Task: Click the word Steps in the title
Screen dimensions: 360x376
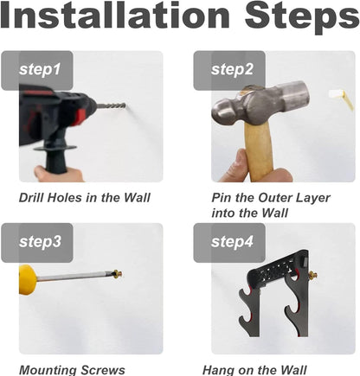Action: click(x=302, y=18)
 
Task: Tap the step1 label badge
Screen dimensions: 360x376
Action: click(x=37, y=71)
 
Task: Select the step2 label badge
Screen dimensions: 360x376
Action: click(x=229, y=71)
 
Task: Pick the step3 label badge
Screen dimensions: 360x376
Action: click(x=37, y=243)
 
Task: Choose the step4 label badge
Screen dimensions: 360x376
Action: click(x=229, y=243)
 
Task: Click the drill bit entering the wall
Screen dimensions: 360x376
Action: click(x=111, y=106)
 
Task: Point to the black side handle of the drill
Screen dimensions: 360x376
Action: click(x=55, y=157)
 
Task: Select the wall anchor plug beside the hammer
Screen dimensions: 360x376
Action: click(x=341, y=99)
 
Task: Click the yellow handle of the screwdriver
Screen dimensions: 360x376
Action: click(x=28, y=279)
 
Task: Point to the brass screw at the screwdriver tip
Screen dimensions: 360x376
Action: click(x=118, y=273)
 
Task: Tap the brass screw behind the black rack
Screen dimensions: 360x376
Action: click(x=313, y=275)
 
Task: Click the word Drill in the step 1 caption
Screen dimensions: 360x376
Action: click(x=31, y=198)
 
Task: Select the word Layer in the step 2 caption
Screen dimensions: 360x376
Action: click(x=314, y=199)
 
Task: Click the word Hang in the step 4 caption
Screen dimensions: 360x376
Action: click(x=217, y=371)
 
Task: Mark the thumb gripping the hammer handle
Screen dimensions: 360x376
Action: click(x=241, y=166)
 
